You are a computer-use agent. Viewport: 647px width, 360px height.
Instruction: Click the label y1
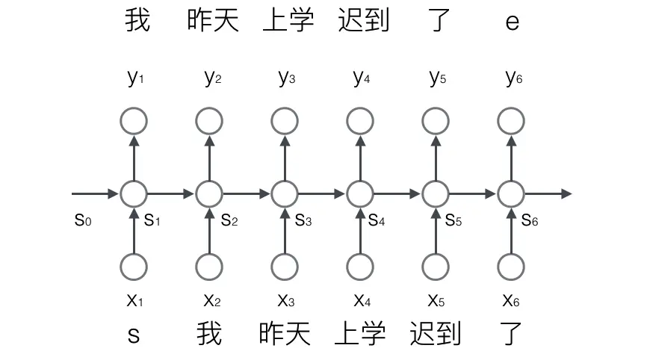134,78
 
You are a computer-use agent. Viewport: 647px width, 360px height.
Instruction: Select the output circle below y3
285,120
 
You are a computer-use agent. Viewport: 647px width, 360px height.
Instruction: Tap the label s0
83,220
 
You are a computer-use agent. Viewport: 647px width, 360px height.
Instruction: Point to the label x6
513,300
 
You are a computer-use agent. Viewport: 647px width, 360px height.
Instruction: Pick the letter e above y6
512,22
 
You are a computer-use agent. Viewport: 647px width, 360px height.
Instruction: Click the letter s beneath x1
134,334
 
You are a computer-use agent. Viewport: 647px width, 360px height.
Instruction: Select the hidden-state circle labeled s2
209,194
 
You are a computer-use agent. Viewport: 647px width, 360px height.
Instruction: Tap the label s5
454,220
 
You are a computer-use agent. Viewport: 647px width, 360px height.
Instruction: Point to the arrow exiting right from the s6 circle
548,194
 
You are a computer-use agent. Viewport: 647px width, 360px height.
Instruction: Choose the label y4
362,78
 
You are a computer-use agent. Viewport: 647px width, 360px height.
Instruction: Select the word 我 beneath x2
209,333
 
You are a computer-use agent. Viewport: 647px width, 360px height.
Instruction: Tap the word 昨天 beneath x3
285,333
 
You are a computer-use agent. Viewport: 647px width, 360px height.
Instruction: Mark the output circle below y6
511,120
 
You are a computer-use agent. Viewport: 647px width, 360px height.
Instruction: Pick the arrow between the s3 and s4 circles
322,194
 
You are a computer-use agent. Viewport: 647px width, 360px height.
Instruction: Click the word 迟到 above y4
363,21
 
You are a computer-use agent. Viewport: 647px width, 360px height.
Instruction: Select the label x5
437,300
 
